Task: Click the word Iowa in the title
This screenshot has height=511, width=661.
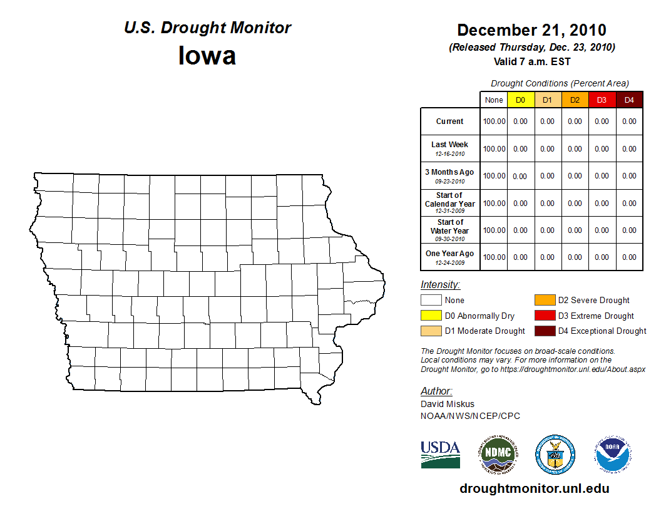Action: tap(207, 56)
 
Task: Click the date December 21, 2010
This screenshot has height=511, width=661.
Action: tap(531, 30)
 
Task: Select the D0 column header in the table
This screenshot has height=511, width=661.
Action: tap(520, 100)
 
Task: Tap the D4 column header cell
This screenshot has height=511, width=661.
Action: tap(629, 100)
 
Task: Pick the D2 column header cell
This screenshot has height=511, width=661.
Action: tap(575, 100)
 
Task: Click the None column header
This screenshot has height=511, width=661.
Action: tap(494, 100)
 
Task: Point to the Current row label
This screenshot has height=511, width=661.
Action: tap(450, 121)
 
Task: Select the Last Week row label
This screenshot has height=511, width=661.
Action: tap(450, 145)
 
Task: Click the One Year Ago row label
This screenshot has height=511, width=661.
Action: tap(450, 254)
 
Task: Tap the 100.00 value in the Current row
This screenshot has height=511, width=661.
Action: tap(494, 121)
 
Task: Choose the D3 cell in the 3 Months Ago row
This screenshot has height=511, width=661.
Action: tap(602, 176)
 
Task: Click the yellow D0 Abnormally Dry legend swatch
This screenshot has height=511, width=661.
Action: tap(431, 316)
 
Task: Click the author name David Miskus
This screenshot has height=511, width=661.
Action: tap(448, 404)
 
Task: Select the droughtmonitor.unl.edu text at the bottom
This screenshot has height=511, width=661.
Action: tap(534, 489)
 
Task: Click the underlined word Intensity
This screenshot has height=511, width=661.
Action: tap(440, 285)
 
